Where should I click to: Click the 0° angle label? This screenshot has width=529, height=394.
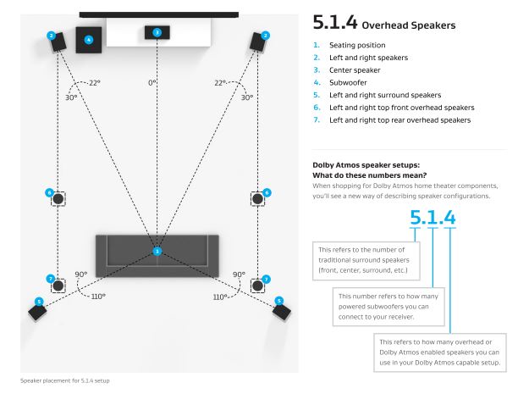tap(152, 83)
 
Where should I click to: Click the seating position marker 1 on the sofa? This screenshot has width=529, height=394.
tap(157, 251)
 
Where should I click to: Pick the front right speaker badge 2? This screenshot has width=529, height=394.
tap(266, 35)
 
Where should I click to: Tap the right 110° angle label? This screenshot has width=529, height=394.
tap(222, 297)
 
